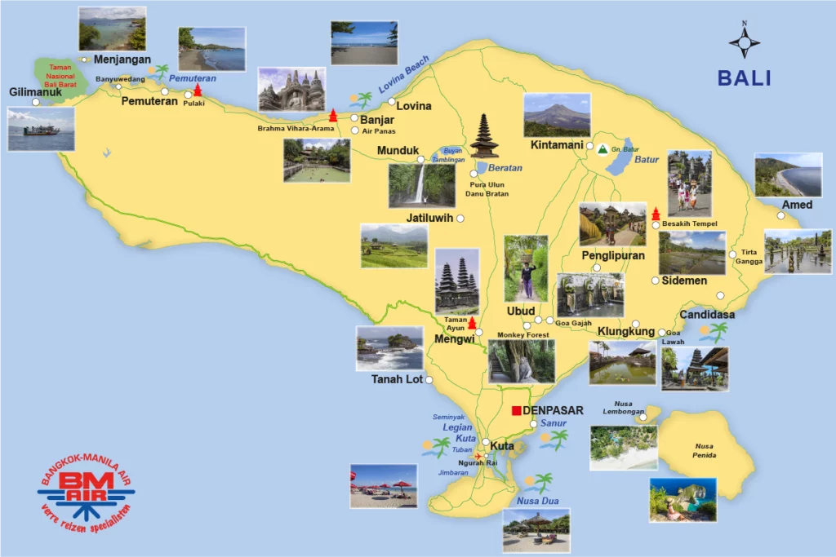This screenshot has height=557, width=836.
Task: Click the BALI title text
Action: pyautogui.click(x=744, y=78)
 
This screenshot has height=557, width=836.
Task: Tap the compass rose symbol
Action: pyautogui.click(x=744, y=41)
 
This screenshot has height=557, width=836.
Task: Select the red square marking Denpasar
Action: pyautogui.click(x=516, y=410)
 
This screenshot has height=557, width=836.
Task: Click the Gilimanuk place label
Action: pyautogui.click(x=37, y=92)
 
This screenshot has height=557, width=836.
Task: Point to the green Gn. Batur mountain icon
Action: pyautogui.click(x=603, y=149)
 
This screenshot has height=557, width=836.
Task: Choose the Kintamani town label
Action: pyautogui.click(x=557, y=145)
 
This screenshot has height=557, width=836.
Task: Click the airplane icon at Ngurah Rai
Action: pyautogui.click(x=478, y=456)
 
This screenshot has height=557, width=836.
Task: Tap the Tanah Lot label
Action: pyautogui.click(x=397, y=379)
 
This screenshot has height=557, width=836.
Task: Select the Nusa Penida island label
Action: pyautogui.click(x=705, y=450)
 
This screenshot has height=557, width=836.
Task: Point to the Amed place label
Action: pyautogui.click(x=797, y=205)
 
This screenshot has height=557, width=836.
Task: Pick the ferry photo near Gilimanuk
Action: pyautogui.click(x=41, y=129)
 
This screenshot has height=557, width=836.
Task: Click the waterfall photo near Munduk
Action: pyautogui.click(x=421, y=185)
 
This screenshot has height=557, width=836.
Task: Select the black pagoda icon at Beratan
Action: pyautogui.click(x=484, y=136)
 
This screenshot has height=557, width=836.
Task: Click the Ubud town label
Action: pyautogui.click(x=521, y=312)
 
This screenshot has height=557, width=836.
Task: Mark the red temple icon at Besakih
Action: pyautogui.click(x=656, y=213)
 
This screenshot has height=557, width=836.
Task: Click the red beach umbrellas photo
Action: pyautogui.click(x=383, y=487)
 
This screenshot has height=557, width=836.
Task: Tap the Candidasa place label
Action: pyautogui.click(x=707, y=315)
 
